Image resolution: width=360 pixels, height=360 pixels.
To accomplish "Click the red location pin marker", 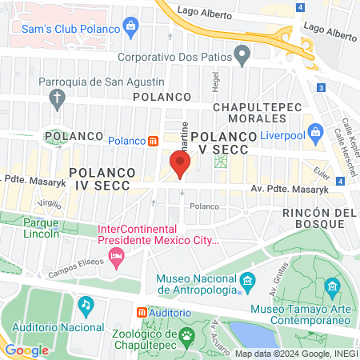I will coord(180,166).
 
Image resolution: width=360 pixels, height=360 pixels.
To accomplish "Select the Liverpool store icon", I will coord(316,130).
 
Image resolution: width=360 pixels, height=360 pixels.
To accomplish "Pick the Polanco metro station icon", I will coord(153,141).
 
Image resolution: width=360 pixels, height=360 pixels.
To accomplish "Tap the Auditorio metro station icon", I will coord(142,312).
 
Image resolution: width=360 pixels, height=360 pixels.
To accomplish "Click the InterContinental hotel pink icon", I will coord(118,258).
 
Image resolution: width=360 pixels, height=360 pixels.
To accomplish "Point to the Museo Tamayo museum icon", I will coord(331,286).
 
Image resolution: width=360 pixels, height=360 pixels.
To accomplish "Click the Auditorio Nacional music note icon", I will coord(86,305).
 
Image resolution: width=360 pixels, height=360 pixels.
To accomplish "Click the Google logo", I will coord(26,350).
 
